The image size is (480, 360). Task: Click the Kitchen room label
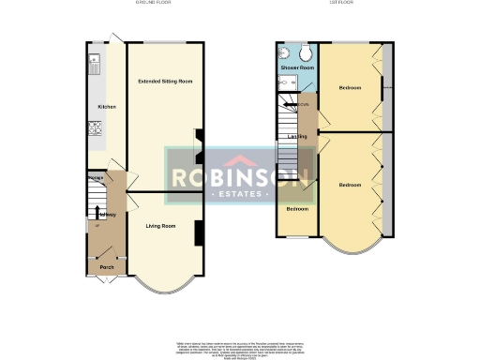(x=107, y=107)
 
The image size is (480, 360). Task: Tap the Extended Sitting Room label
(x=165, y=82)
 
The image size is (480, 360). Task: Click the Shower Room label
(x=297, y=68)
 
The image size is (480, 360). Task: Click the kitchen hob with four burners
(x=95, y=127)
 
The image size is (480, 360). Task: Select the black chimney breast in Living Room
(x=199, y=234)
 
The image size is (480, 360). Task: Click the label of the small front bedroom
(x=297, y=208)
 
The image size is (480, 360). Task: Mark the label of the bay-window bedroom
(x=350, y=185)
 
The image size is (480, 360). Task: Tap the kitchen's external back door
(x=114, y=37)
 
